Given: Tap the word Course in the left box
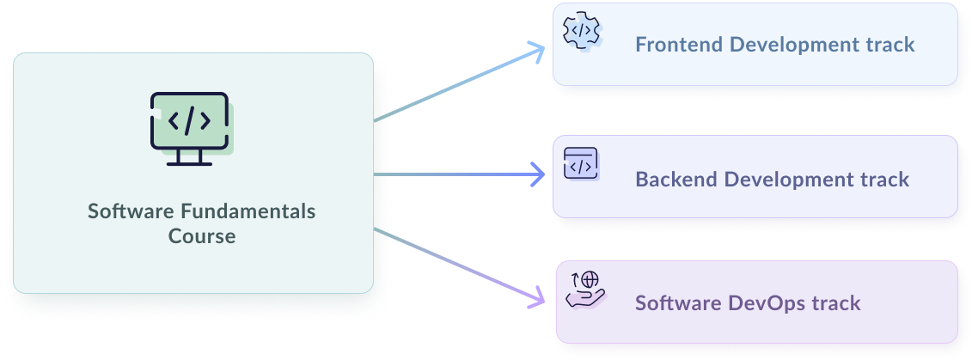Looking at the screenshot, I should (202, 236).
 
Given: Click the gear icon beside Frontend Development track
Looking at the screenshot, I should (581, 31).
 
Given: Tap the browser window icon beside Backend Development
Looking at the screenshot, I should (580, 163).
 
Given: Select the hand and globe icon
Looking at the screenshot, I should (585, 290).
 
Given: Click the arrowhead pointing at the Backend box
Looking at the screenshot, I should (540, 174).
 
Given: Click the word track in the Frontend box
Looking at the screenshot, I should (891, 45).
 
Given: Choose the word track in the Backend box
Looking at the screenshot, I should (885, 180).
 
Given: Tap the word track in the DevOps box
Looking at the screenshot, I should (837, 303).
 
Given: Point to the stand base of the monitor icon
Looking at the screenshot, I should (190, 163).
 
